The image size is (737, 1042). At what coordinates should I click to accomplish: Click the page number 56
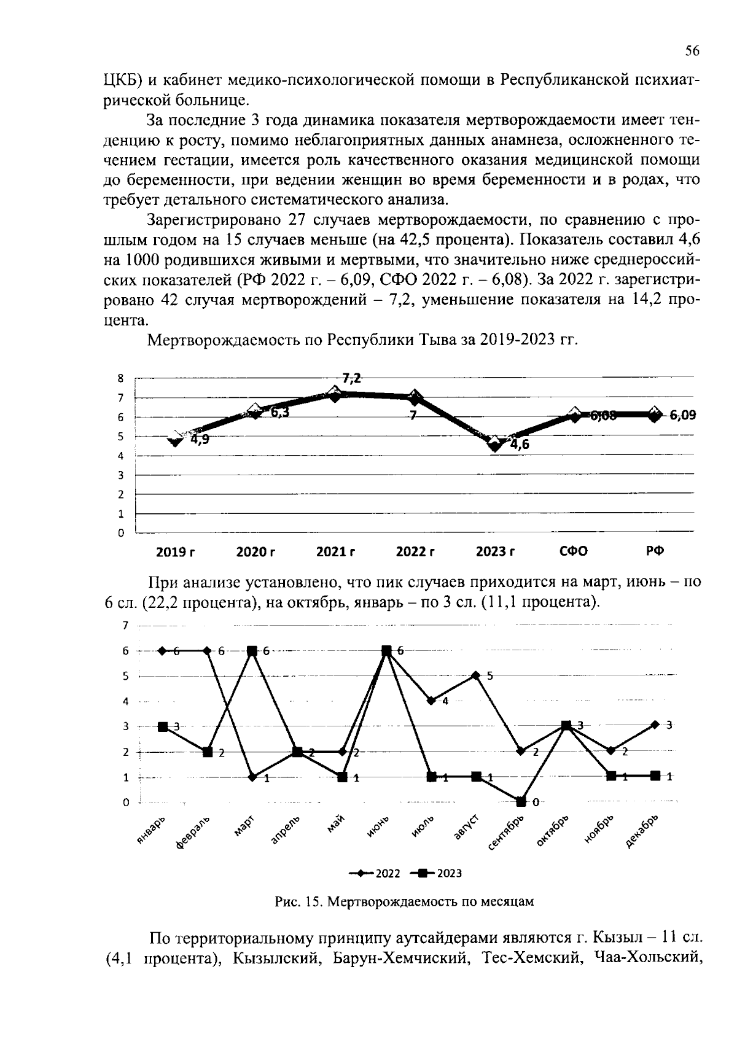(x=692, y=52)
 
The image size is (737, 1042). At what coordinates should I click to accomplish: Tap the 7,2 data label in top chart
(x=351, y=378)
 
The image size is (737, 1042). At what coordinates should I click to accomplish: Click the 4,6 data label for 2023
(x=519, y=445)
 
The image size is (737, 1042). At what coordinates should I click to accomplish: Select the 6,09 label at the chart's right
(x=682, y=415)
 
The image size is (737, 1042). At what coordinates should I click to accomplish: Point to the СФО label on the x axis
(x=574, y=551)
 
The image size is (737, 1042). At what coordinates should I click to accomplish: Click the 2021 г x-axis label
(x=335, y=551)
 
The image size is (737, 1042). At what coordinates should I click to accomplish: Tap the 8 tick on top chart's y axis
(x=121, y=379)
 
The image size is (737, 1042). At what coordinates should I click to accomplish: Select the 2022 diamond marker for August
(x=475, y=675)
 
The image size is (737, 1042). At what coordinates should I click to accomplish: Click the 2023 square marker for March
(x=252, y=650)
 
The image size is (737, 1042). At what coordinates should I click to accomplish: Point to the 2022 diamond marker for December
(x=655, y=725)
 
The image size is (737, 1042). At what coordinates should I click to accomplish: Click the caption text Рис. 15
(x=297, y=901)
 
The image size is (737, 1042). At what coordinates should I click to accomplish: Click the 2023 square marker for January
(x=163, y=726)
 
